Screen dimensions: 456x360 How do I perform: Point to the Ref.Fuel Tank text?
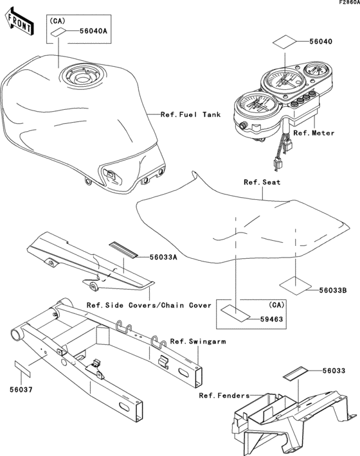190,115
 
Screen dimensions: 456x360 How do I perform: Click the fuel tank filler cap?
82,77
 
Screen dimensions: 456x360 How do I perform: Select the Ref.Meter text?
314,134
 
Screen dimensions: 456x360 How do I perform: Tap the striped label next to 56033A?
122,249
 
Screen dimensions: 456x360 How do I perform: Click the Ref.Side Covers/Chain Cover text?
148,306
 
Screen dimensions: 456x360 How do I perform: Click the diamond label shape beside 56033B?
296,283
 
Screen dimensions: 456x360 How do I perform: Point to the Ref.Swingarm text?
198,341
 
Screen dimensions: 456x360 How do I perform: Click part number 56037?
21,389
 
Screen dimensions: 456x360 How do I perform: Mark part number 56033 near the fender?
334,371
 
